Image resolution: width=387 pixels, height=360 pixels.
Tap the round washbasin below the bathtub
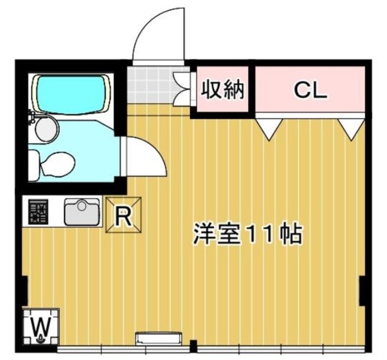tap(45, 128)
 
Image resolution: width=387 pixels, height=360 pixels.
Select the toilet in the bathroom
tap(56, 163)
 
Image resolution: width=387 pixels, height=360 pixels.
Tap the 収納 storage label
tap(222, 90)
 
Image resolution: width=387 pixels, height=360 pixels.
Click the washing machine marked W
tap(41, 327)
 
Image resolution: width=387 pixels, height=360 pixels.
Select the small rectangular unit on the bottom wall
tap(158, 338)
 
